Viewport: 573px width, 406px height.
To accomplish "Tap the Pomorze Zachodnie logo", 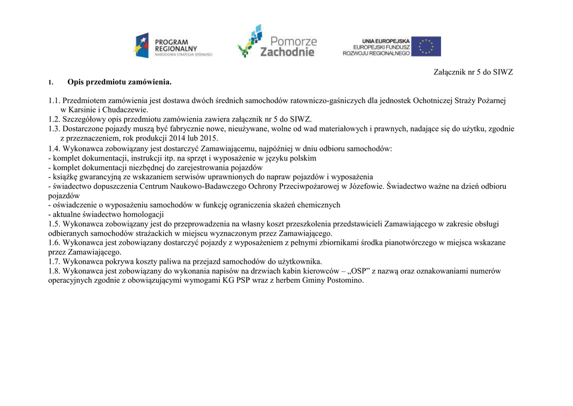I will pos(276,42).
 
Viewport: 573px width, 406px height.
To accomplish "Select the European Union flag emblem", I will pos(426,46).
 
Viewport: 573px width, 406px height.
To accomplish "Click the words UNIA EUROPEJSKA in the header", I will pos(386,40).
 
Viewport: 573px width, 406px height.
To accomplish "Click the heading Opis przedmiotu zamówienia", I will pos(119,82).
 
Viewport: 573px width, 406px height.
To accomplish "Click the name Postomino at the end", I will pos(344,281).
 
